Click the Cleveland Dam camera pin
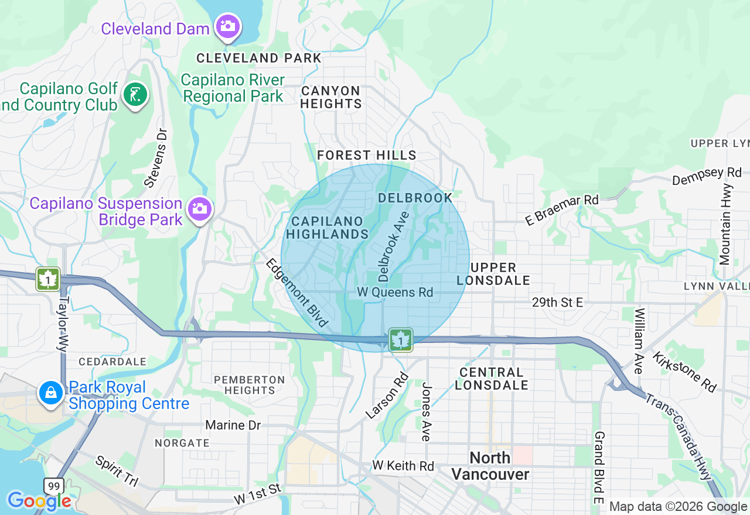point(227,26)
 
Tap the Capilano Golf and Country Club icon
point(135,94)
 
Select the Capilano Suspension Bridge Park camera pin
point(199,209)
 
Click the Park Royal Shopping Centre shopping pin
point(51,393)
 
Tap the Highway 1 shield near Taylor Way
point(47,279)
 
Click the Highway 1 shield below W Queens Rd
point(400,339)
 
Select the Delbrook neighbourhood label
point(415,198)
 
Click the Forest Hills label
point(367,155)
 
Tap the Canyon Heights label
point(331,97)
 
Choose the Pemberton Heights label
point(249,385)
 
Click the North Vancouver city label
point(490,466)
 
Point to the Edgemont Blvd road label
point(296,292)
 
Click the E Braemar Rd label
point(562,210)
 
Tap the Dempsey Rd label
point(707,176)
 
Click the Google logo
point(39,501)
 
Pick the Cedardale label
point(112,362)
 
